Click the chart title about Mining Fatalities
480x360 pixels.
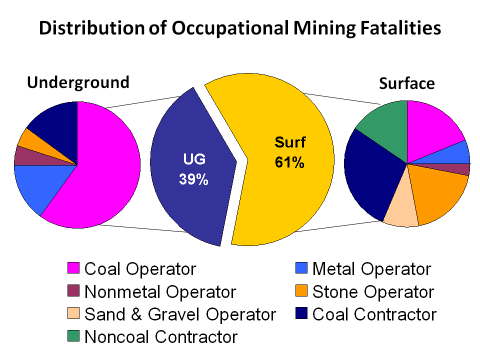pyautogui.click(x=240, y=28)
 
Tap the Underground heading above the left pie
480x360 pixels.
pyautogui.click(x=78, y=82)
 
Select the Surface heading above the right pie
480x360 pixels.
pyautogui.click(x=406, y=83)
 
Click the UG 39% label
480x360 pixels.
pyautogui.click(x=193, y=169)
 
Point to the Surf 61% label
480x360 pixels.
pyautogui.click(x=290, y=152)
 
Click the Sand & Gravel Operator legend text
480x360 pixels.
pyautogui.click(x=180, y=314)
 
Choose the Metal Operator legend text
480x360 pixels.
pyautogui.click(x=371, y=269)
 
